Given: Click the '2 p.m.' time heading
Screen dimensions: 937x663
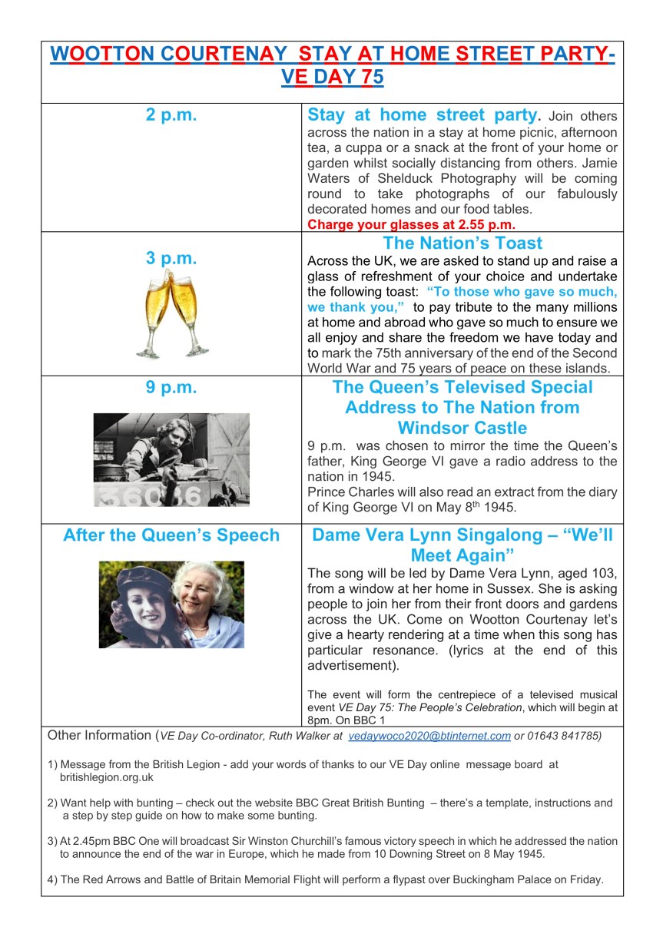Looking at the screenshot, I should coord(171,116).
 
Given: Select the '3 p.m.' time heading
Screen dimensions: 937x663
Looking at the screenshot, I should coord(171,258).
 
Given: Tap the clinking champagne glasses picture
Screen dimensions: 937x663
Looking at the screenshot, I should coord(172,314).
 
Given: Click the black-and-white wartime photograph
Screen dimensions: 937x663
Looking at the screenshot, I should coord(171,459).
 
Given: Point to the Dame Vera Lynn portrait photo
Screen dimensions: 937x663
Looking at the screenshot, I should coord(171,604).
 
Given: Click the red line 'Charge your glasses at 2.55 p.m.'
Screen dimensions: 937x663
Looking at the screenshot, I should coord(411,225).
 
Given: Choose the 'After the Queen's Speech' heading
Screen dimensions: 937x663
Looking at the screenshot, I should coord(171,535).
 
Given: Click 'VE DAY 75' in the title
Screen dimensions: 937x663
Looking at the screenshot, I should coord(333,78).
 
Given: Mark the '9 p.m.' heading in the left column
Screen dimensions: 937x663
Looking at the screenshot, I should coord(171,388).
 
